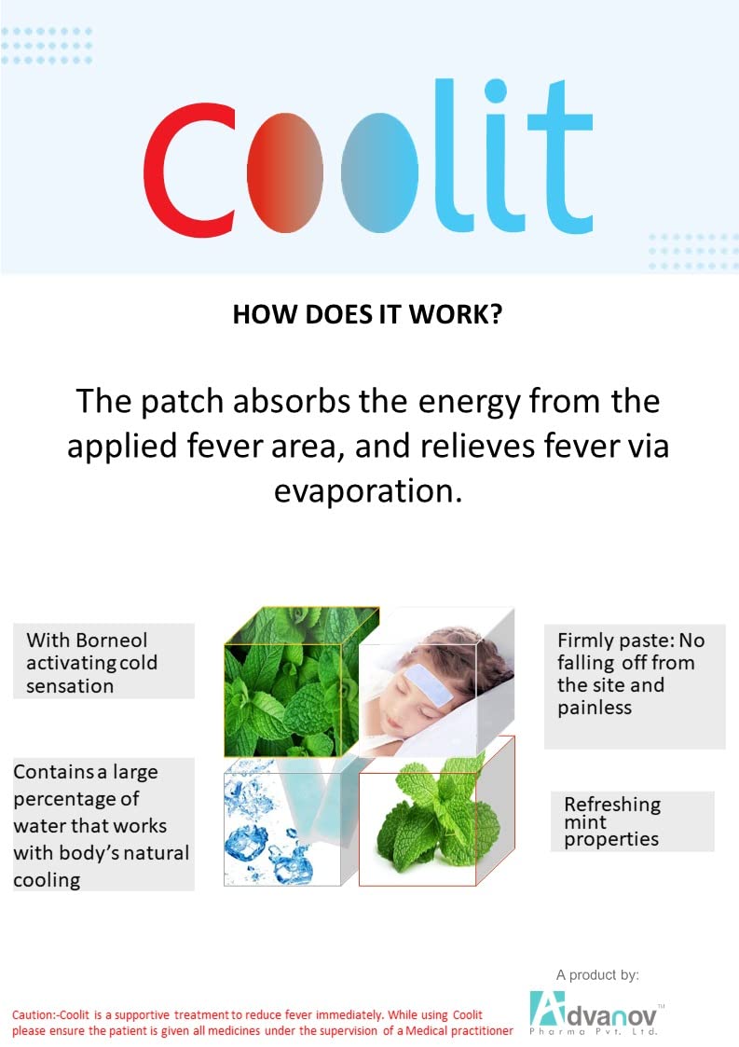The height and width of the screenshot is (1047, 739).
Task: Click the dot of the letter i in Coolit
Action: [x=496, y=91]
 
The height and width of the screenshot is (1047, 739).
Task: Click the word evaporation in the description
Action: [x=368, y=489]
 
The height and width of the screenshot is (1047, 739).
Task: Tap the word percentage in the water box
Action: [x=64, y=800]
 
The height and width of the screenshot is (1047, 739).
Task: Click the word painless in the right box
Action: [x=595, y=708]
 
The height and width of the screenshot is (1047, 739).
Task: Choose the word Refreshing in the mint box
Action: [x=611, y=805]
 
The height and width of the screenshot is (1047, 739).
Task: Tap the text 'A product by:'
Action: [x=597, y=975]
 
